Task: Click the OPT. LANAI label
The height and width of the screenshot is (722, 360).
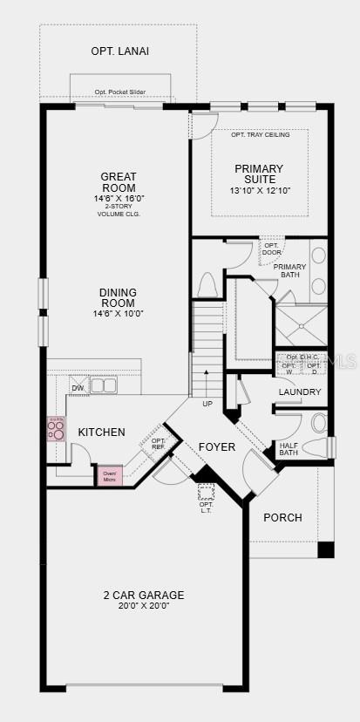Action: pyautogui.click(x=120, y=51)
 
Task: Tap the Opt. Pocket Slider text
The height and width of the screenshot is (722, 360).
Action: pyautogui.click(x=120, y=92)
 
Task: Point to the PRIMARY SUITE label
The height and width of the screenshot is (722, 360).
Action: pyautogui.click(x=259, y=174)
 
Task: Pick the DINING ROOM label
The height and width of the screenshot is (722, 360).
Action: pyautogui.click(x=118, y=297)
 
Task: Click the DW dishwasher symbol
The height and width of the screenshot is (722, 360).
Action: pyautogui.click(x=78, y=388)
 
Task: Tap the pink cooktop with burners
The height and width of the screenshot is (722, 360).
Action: pyautogui.click(x=57, y=428)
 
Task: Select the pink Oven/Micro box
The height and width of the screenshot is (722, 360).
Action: pyautogui.click(x=110, y=476)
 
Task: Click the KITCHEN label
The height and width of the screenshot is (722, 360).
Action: pyautogui.click(x=102, y=433)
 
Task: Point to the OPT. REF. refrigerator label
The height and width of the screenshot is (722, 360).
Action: pyautogui.click(x=158, y=444)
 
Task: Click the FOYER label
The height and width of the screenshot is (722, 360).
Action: pyautogui.click(x=217, y=446)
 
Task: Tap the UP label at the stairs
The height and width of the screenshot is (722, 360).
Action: pyautogui.click(x=207, y=404)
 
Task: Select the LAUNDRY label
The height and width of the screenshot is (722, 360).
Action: pyautogui.click(x=300, y=392)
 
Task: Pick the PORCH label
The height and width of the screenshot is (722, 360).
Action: pyautogui.click(x=282, y=517)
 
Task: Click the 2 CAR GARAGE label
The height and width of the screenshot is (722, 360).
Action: pyautogui.click(x=143, y=595)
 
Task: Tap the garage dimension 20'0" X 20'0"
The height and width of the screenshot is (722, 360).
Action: pyautogui.click(x=143, y=607)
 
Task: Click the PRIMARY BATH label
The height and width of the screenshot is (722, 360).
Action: pyautogui.click(x=289, y=270)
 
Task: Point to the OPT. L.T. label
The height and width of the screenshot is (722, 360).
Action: pyautogui.click(x=206, y=507)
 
